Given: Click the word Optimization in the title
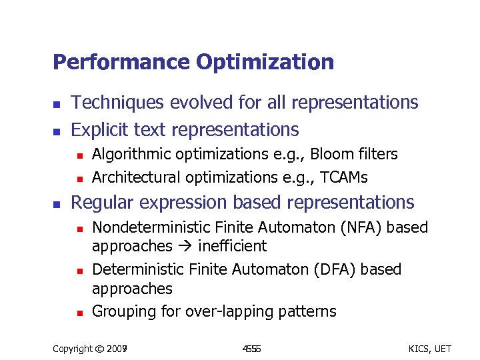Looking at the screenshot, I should [265, 63].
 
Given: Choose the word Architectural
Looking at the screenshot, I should [136, 177].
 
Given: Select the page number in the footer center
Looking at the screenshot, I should [251, 349].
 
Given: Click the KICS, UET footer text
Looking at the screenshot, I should [429, 349].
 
